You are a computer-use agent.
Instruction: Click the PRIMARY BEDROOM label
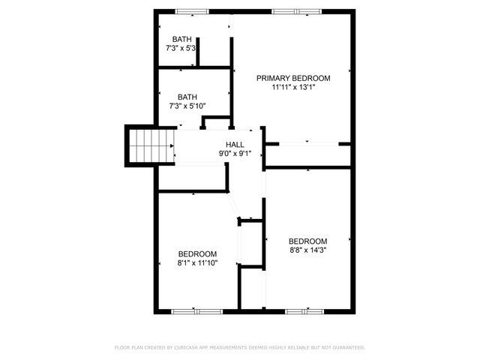[x=293, y=78]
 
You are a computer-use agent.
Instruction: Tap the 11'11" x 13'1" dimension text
[x=293, y=88]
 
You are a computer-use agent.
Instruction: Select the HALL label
[x=235, y=145]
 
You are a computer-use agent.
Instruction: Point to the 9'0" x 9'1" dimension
[x=235, y=154]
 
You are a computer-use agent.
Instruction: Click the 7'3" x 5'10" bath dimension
[x=187, y=106]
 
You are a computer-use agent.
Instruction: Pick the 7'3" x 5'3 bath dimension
[x=181, y=48]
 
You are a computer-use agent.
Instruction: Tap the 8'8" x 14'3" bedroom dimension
[x=308, y=250]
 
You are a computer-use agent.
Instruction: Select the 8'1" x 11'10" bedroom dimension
[x=197, y=263]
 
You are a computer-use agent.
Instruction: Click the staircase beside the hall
[x=151, y=146]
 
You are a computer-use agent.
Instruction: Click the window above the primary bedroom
[x=297, y=12]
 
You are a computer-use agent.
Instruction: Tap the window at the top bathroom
[x=192, y=12]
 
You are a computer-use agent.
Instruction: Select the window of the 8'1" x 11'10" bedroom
[x=196, y=312]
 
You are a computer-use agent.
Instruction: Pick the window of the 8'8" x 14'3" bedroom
[x=304, y=312]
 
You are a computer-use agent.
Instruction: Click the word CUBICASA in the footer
[x=183, y=347]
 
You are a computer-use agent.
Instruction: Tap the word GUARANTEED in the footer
[x=349, y=347]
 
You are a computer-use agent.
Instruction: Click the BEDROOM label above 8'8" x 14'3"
[x=308, y=241]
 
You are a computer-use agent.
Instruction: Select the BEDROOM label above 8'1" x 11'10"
[x=197, y=254]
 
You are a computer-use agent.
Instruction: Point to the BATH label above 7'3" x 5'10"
[x=187, y=97]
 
